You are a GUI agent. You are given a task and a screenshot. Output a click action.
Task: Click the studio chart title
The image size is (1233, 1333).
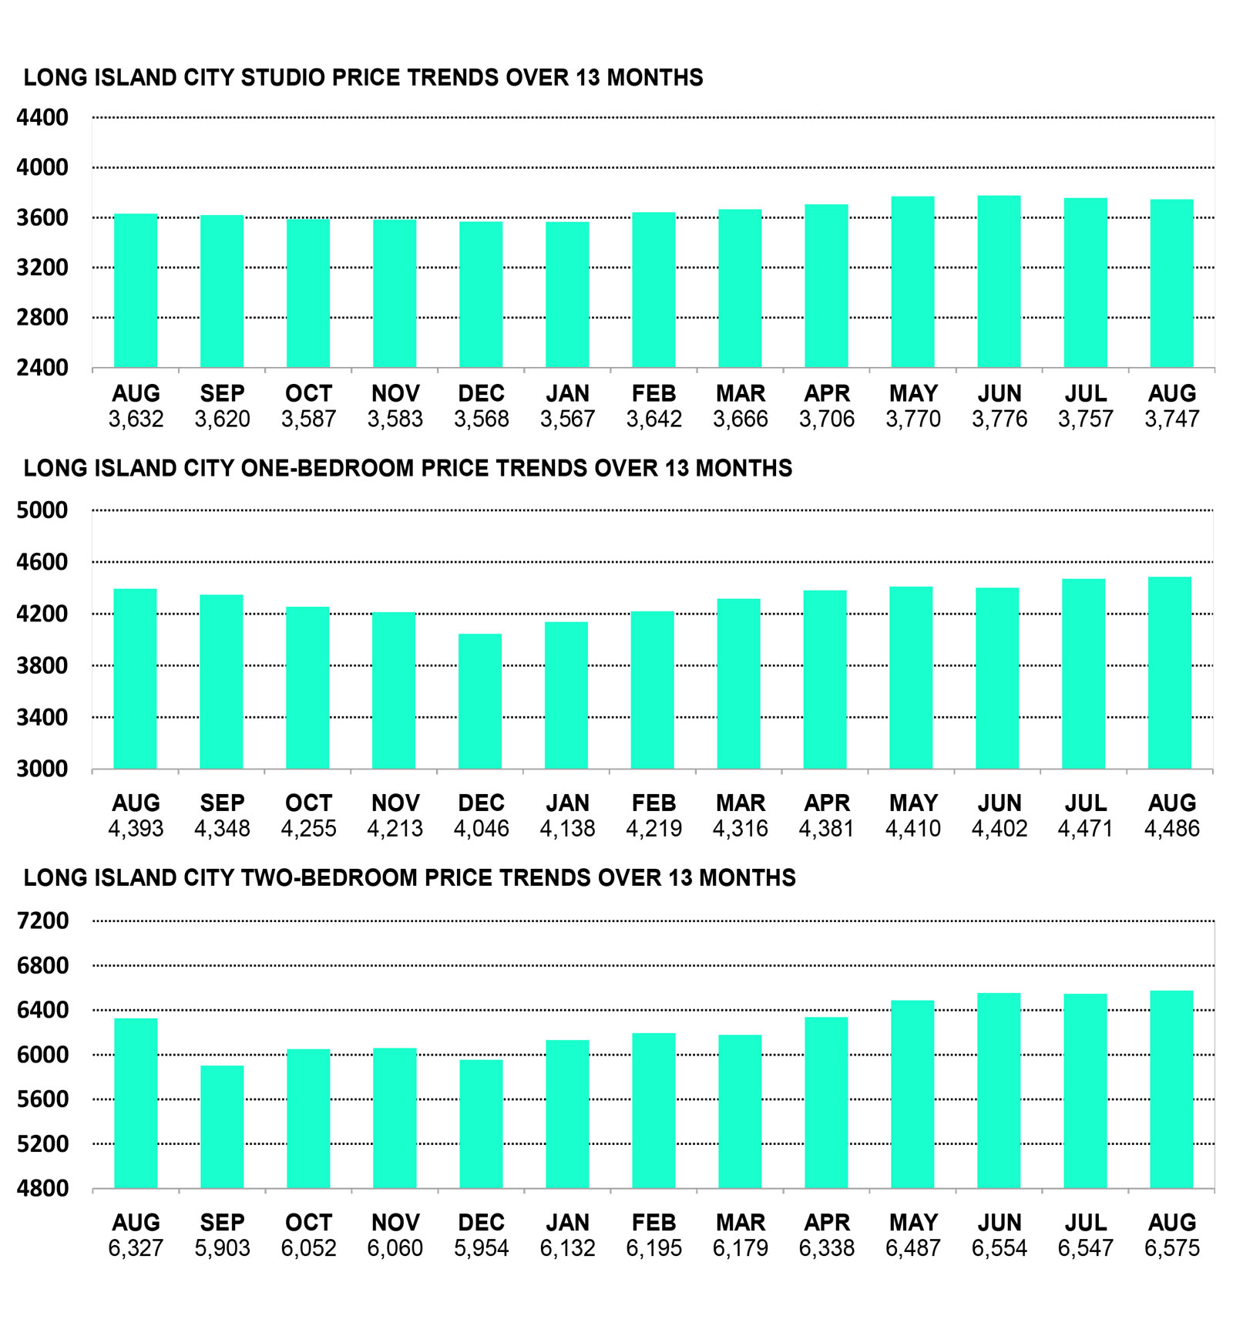pos(363,78)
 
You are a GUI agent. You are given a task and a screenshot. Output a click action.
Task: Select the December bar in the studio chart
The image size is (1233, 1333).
pos(481,295)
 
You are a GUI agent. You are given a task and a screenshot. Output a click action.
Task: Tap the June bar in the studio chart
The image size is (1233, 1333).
pos(999,281)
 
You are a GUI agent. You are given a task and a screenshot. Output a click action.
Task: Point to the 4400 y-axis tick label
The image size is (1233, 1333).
pos(42,118)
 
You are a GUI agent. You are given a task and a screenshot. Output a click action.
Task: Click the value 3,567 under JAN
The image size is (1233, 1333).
pos(567,419)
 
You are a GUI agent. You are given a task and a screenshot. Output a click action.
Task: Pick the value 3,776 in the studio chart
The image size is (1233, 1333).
pos(999,419)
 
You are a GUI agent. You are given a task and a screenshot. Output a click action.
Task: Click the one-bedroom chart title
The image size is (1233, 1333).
pos(408,469)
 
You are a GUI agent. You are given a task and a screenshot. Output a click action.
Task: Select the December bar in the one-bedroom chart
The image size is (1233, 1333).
pos(480,702)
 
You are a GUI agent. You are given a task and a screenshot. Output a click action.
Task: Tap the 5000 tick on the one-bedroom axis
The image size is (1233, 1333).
pos(42,510)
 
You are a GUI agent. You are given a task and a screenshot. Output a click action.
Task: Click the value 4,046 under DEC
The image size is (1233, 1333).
pos(481,829)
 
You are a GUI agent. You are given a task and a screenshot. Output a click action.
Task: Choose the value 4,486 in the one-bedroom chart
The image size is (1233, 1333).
pos(1171,829)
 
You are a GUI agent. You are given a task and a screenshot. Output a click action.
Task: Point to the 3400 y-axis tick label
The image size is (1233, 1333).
pos(42,718)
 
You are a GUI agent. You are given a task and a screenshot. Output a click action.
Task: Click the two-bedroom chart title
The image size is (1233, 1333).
pos(409,878)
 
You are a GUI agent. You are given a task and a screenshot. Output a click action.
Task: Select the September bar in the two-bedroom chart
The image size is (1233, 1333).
pos(222,1127)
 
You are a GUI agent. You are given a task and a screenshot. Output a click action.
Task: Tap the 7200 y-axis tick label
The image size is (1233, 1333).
pos(42,921)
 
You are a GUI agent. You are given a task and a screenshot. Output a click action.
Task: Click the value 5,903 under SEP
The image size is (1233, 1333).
pos(222,1248)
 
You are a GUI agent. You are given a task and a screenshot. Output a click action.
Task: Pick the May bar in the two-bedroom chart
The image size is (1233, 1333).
pos(912,1095)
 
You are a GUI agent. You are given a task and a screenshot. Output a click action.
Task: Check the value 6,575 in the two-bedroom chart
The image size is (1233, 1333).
pos(1171,1248)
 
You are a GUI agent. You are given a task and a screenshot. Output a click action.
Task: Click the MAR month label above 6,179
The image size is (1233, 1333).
pos(740,1223)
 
